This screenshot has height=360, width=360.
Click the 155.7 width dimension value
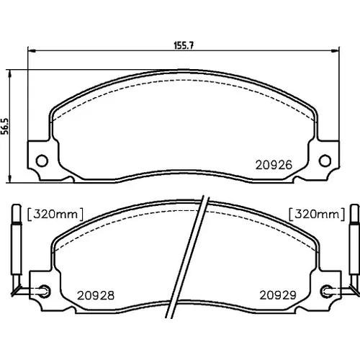coord(184,45)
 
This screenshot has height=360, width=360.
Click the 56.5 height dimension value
coord(5,126)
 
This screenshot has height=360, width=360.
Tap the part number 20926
coord(274,165)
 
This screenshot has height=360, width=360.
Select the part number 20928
coord(96,295)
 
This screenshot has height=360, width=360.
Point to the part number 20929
coord(278,295)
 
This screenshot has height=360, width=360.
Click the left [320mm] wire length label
coord(55,215)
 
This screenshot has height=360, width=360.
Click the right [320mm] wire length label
coord(317,215)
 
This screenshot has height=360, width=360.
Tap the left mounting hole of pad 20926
coord(42,161)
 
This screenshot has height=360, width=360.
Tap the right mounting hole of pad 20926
coord(325,161)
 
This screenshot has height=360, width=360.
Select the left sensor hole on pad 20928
coord(45,291)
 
